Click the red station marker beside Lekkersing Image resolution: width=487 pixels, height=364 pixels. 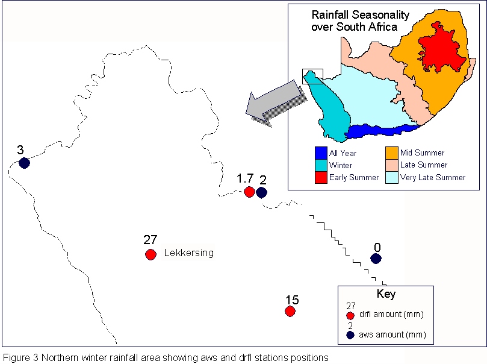coord(150,254)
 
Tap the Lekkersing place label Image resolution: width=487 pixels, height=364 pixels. coord(189,253)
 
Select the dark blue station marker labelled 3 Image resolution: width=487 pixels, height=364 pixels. coord(24,163)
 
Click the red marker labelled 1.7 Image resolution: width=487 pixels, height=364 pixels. coord(249,192)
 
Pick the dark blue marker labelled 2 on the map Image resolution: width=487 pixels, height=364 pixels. coord(261,192)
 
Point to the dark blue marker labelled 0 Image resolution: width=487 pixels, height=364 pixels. coord(376,259)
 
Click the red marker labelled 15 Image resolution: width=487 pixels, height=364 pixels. coord(290,311)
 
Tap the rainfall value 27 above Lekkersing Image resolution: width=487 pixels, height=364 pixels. coord(150,240)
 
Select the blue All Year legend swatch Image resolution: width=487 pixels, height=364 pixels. coord(321,153)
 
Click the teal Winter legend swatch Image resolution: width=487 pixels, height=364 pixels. coord(321,165)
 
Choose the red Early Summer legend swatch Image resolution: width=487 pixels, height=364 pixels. coord(321,178)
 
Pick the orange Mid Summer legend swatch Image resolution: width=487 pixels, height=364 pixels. coord(392,153)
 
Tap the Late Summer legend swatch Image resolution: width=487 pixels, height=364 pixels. coord(392,165)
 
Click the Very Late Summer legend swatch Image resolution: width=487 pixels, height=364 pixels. coord(392,178)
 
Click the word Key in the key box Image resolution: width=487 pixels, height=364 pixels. coord(386,293)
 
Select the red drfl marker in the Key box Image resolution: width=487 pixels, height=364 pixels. coord(350,316)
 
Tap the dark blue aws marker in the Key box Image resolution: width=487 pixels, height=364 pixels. coord(350,335)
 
